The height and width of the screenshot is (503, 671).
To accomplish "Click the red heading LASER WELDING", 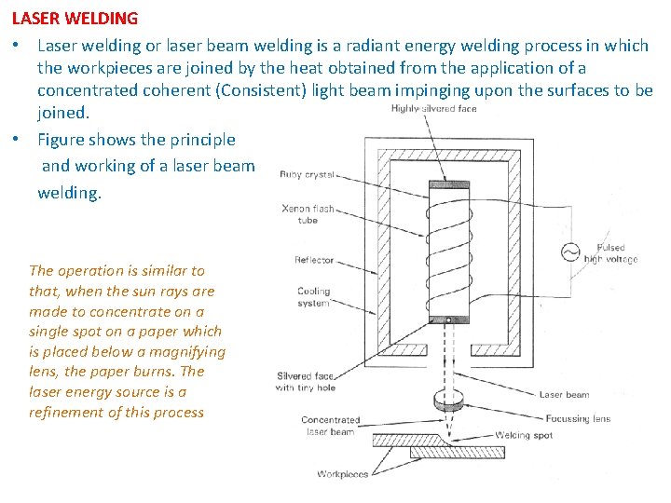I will pyautogui.click(x=75, y=18).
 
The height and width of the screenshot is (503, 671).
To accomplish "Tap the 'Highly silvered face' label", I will pyautogui.click(x=433, y=109).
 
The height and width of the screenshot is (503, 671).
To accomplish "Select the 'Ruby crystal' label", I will pyautogui.click(x=307, y=175).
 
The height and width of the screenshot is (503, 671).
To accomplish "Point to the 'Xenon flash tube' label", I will pyautogui.click(x=308, y=214).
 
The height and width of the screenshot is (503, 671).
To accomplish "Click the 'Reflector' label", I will pyautogui.click(x=314, y=260).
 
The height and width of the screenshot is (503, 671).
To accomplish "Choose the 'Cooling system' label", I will pyautogui.click(x=314, y=297).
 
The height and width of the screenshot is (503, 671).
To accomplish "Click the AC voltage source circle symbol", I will pyautogui.click(x=568, y=251).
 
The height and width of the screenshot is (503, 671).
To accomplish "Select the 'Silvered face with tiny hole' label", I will pyautogui.click(x=305, y=382).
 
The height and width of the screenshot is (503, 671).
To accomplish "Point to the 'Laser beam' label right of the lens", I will pyautogui.click(x=564, y=395).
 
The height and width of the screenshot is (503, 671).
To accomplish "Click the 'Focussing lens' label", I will pyautogui.click(x=576, y=419).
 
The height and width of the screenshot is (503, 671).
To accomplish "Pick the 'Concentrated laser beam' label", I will pyautogui.click(x=330, y=426).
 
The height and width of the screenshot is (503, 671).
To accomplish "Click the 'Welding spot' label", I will pyautogui.click(x=524, y=435).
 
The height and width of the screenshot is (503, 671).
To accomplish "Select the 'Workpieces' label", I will pyautogui.click(x=342, y=474).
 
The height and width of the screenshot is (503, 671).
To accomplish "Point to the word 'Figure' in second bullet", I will pyautogui.click(x=62, y=140).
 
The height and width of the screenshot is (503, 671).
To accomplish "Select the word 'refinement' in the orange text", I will pyautogui.click(x=71, y=412).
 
